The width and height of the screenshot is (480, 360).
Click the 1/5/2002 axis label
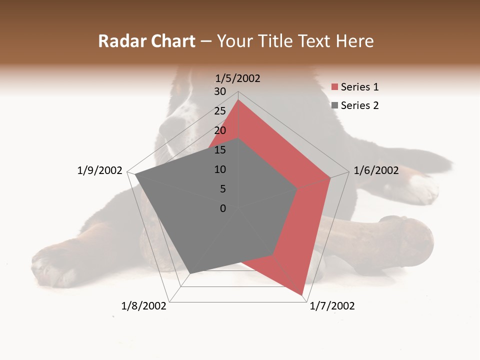pyautogui.click(x=238, y=78)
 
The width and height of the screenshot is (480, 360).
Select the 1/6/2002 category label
pyautogui.click(x=376, y=170)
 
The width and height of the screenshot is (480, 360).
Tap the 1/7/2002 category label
pyautogui.click(x=332, y=306)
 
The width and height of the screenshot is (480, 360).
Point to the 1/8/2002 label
pyautogui.click(x=144, y=306)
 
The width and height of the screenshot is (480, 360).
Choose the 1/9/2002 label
pyautogui.click(x=99, y=170)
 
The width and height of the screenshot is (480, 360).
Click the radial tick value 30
pyautogui.click(x=220, y=91)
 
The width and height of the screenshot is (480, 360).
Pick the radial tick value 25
pyautogui.click(x=220, y=111)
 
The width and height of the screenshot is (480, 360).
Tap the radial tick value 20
pyautogui.click(x=220, y=130)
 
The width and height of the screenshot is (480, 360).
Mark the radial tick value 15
pyautogui.click(x=220, y=150)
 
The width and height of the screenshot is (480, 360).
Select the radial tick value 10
pyautogui.click(x=220, y=169)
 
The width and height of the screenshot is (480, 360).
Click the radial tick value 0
pyautogui.click(x=223, y=208)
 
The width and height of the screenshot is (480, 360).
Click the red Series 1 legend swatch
pyautogui.click(x=335, y=87)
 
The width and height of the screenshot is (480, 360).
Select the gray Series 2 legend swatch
pyautogui.click(x=335, y=105)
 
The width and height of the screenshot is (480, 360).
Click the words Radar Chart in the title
pyautogui.click(x=146, y=41)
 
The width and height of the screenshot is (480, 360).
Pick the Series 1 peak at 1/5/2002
pyautogui.click(x=238, y=100)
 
